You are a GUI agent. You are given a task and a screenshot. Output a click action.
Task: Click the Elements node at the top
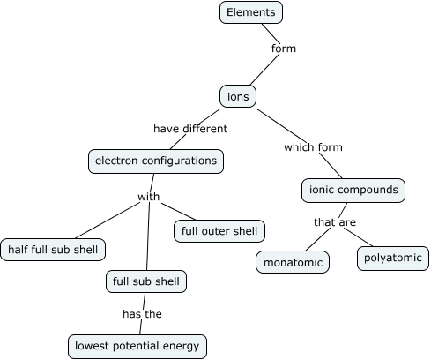click(251, 12)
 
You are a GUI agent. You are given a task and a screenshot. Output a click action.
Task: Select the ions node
click(237, 95)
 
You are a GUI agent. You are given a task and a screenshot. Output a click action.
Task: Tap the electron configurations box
click(155, 161)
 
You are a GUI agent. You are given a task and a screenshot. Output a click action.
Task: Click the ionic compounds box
click(353, 190)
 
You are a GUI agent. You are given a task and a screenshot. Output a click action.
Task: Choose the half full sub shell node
click(53, 250)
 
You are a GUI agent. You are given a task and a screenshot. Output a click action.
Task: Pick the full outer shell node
click(219, 232)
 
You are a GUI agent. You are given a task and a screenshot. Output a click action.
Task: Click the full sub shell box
click(145, 282)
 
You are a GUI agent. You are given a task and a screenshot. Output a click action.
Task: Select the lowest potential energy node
click(137, 346)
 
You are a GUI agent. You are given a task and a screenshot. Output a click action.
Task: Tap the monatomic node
click(293, 262)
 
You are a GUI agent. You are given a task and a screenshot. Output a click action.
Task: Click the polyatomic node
click(392, 259)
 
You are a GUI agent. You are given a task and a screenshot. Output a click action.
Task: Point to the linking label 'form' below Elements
click(284, 49)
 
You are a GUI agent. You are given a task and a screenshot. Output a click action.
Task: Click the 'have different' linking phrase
click(190, 129)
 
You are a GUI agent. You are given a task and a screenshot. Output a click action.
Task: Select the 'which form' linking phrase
click(313, 147)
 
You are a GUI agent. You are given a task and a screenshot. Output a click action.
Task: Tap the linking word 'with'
click(149, 197)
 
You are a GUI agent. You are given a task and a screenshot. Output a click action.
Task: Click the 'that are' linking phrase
click(335, 222)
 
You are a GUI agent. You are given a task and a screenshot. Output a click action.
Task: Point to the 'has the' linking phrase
click(141, 313)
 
